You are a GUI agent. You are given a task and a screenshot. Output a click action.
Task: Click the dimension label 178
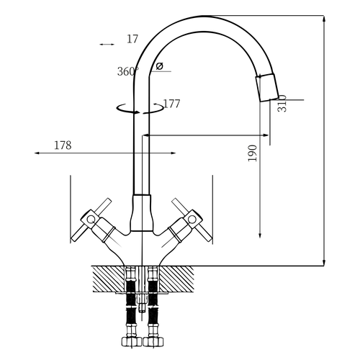tap(63, 145)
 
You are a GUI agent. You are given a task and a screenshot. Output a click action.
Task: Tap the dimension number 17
tap(132, 39)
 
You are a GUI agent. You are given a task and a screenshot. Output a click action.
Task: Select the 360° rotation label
tap(128, 71)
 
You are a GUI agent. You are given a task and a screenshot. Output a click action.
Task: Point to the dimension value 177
tap(171, 104)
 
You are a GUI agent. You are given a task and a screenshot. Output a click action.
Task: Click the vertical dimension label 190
tap(252, 153)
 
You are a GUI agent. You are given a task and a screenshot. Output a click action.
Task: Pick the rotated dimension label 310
tap(282, 104)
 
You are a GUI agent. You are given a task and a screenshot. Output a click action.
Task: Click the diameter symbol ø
tap(159, 66)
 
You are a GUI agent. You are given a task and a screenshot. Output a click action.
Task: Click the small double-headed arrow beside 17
tap(107, 45)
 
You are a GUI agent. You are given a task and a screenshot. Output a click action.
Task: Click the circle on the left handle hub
tap(91, 220)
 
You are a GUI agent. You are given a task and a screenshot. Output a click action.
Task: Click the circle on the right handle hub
tap(192, 219)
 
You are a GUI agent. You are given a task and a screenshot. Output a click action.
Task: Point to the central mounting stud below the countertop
tap(142, 303)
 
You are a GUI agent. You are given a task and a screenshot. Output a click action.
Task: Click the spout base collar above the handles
tap(142, 213)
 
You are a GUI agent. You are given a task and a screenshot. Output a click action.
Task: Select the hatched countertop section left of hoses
tap(109, 279)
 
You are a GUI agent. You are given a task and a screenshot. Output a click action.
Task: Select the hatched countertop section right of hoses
tap(176, 279)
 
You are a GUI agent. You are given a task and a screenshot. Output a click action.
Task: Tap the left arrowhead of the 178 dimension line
tap(37, 153)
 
